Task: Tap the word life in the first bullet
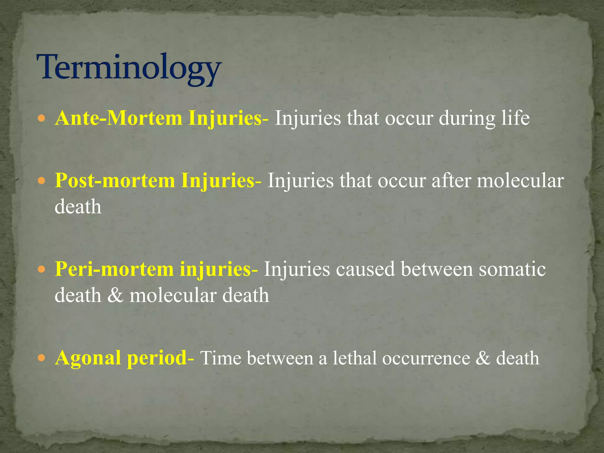[x=516, y=118]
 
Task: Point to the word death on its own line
[x=78, y=206]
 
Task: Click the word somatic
[x=512, y=269]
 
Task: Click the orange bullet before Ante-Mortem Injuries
[x=42, y=119]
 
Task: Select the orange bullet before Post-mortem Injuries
[x=42, y=181]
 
